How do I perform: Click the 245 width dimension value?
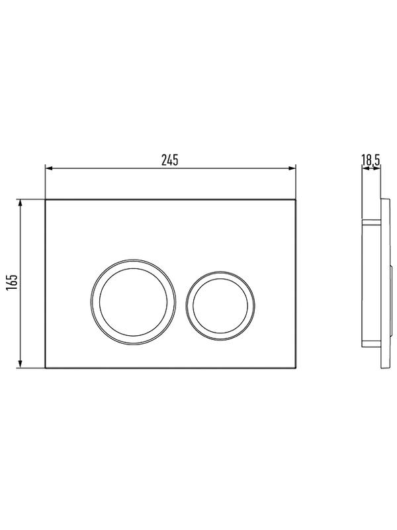169,160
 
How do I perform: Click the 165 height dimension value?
11,282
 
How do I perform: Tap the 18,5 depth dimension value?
371,160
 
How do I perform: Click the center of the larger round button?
133,302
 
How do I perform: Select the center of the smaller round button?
220,305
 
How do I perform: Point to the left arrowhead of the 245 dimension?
48,168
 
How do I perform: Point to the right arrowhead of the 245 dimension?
292,168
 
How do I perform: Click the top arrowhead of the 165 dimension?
21,203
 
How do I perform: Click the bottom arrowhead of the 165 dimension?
21,364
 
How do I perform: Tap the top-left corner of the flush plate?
45,199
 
